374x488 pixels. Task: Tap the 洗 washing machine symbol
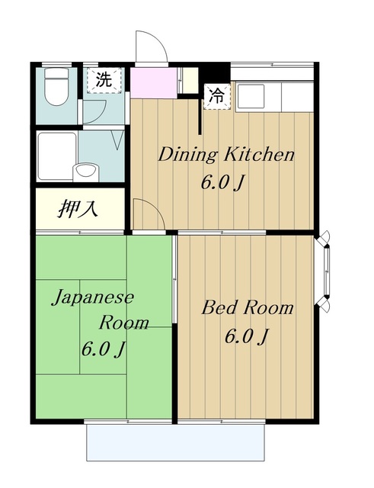click(x=103, y=78)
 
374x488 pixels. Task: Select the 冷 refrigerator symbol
click(x=217, y=96)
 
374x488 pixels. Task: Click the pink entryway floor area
click(x=155, y=80)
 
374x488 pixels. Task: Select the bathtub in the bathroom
click(x=57, y=156)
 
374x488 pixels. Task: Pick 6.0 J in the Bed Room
click(x=245, y=336)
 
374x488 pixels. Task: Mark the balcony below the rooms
click(x=176, y=442)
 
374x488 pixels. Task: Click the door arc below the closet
click(x=148, y=213)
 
